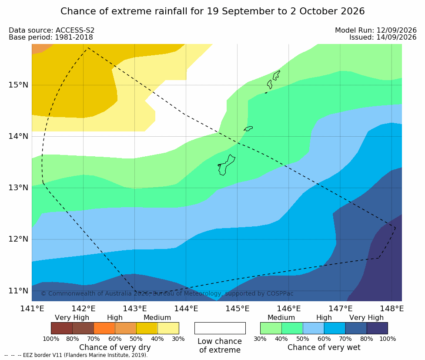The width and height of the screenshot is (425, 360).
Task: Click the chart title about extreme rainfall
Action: (212, 11)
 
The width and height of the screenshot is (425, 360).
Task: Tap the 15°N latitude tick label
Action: (18, 85)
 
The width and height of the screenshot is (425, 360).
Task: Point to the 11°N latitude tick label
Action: (18, 291)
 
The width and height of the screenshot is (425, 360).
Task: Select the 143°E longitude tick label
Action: (135, 309)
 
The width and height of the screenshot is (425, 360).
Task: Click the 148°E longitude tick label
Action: (392, 309)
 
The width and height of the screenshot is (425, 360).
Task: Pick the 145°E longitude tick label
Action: (238, 309)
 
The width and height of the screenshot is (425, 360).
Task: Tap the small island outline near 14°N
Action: (248, 128)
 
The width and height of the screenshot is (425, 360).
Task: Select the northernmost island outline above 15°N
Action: (276, 75)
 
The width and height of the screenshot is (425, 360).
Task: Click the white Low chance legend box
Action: (220, 328)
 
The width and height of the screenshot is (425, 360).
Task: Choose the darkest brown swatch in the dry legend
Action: (62, 328)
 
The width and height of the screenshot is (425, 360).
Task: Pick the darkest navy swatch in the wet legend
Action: (377, 328)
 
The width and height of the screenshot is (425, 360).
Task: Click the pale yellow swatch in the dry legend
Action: (168, 328)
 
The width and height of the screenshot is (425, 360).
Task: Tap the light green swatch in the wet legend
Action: (271, 328)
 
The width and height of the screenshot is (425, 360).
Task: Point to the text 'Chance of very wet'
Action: (324, 347)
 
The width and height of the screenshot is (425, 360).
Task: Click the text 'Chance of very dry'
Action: (115, 347)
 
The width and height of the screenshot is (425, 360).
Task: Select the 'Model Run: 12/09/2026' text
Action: (376, 30)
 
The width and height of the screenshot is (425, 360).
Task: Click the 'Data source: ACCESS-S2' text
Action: (51, 30)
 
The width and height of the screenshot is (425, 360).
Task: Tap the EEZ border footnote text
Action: (76, 355)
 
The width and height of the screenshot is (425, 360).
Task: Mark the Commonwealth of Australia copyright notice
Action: (167, 293)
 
